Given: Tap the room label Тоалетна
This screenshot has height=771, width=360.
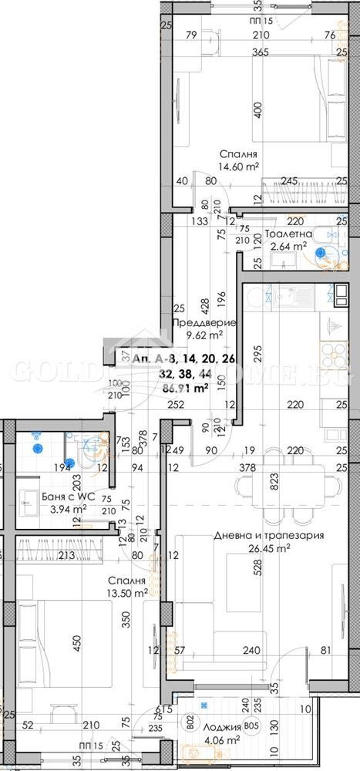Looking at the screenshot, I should pyautogui.click(x=288, y=234).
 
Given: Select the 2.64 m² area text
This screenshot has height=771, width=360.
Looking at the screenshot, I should pyautogui.click(x=288, y=247).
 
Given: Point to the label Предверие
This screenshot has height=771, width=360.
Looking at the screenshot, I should pyautogui.click(x=204, y=323).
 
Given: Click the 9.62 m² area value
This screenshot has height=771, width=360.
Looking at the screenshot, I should pyautogui.click(x=204, y=335).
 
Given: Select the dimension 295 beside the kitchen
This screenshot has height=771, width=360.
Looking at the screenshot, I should pyautogui.click(x=235, y=352).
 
